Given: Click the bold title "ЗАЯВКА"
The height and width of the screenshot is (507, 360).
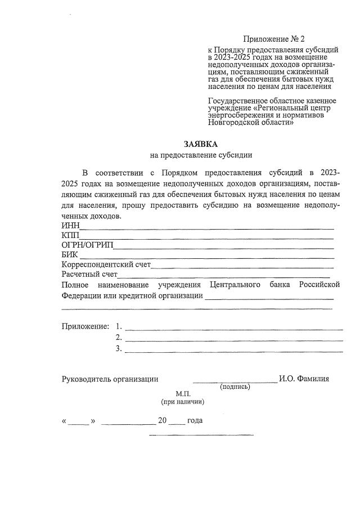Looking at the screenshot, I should click(201, 144).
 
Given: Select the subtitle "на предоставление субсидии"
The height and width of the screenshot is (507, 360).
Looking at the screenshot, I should click(201, 155).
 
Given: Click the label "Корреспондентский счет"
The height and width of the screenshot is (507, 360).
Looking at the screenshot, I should click(106, 264).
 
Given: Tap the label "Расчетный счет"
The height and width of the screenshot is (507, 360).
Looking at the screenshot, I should click(89, 275).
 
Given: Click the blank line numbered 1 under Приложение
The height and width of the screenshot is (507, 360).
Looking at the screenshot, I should click(233, 327).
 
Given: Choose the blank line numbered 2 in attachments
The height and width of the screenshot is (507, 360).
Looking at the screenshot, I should click(233, 339).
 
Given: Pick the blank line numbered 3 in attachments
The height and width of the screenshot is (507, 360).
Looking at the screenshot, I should click(233, 351).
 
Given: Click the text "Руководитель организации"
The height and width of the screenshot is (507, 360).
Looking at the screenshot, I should click(110, 379).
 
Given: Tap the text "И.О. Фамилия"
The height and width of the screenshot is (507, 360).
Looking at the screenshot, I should click(304, 379).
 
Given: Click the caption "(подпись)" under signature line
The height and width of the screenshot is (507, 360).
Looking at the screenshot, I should click(235, 387).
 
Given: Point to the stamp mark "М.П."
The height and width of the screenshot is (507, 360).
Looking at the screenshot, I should click(183, 394).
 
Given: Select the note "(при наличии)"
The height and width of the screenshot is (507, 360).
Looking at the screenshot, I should click(183, 402).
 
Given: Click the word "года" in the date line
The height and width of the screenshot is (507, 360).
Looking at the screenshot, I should click(195, 421).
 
